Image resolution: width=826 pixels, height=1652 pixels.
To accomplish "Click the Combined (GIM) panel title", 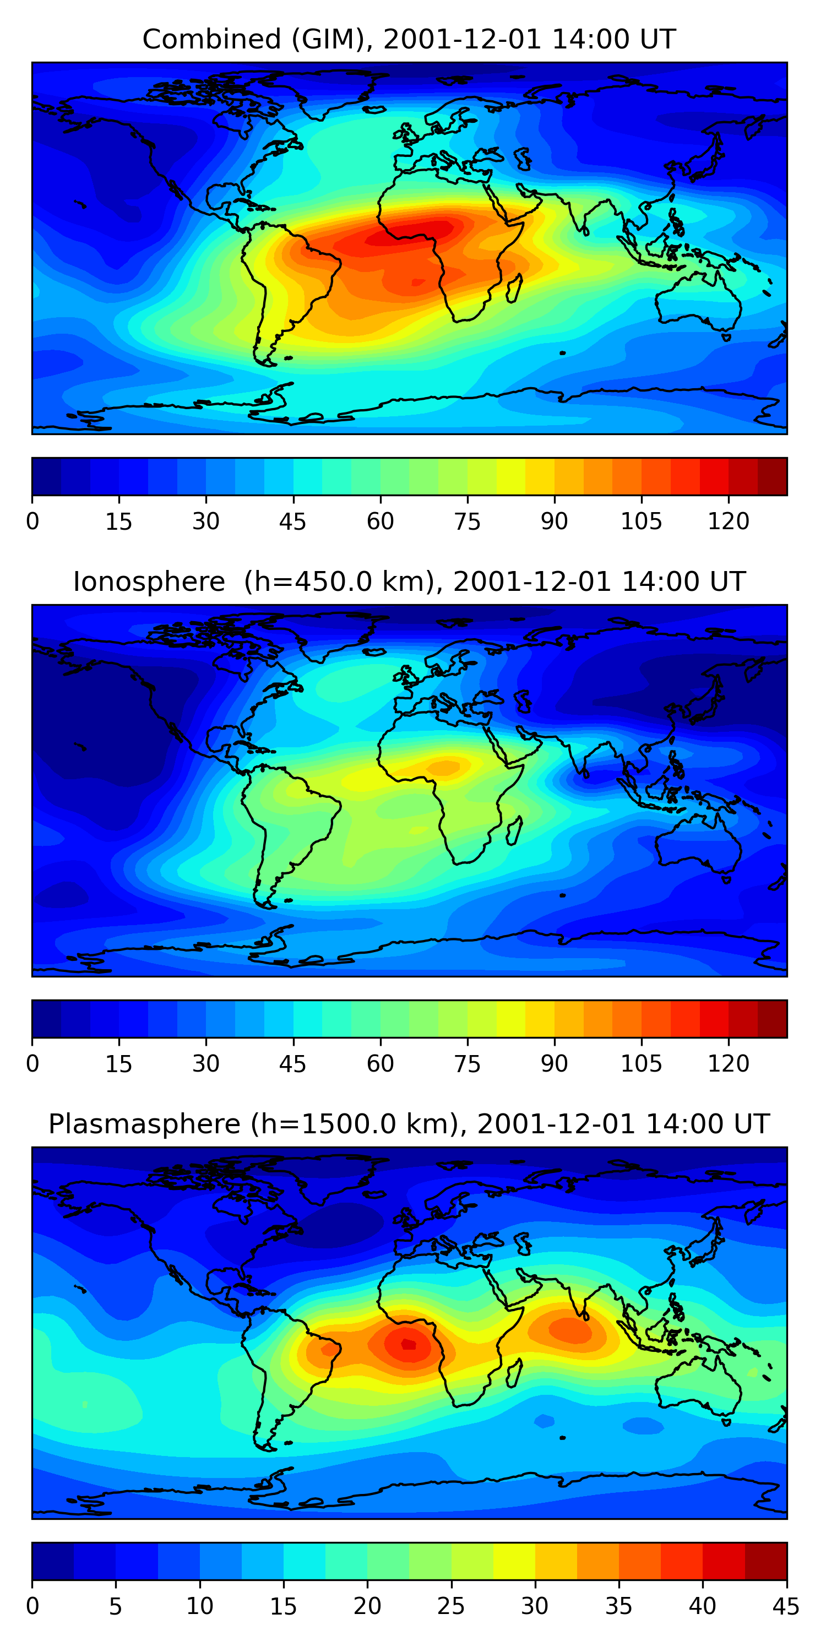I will click(409, 39).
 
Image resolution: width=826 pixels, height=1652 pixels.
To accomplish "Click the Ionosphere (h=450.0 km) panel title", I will click(409, 582).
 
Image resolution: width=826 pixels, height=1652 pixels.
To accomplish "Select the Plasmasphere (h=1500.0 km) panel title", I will click(409, 1124).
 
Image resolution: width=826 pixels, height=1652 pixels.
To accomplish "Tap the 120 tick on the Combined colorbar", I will click(729, 521).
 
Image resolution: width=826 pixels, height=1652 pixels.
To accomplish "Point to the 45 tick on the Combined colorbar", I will click(293, 521).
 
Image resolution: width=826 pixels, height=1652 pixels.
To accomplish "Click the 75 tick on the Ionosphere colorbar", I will click(468, 1064).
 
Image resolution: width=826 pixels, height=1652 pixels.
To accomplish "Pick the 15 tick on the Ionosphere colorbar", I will click(118, 1064).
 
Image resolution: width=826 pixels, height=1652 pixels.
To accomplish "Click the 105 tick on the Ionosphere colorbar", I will click(642, 1064).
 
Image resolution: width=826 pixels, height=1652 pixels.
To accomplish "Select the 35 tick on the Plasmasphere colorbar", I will click(619, 1606).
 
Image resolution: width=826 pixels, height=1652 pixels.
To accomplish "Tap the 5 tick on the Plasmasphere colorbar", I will click(116, 1606).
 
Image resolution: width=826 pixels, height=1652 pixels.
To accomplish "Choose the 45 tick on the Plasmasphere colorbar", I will click(786, 1606).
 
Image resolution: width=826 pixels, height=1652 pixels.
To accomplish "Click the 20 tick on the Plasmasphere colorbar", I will click(367, 1606).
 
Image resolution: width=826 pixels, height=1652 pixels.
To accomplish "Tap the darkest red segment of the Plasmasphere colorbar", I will click(766, 1561).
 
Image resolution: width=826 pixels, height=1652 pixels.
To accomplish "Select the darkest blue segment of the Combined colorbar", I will click(46, 476).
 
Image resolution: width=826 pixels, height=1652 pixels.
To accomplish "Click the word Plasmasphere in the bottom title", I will click(144, 1124).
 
